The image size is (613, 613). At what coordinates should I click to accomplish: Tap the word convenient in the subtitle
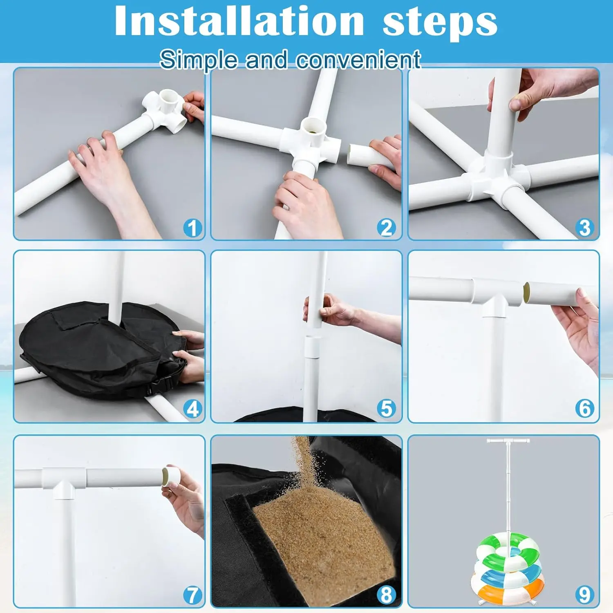click(x=358, y=60)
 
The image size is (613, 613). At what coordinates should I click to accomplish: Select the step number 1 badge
click(x=192, y=228)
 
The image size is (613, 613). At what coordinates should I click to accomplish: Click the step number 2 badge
click(x=386, y=228)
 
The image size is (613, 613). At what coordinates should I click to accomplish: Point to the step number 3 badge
click(x=584, y=228)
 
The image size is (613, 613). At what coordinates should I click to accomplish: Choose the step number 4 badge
click(x=192, y=409)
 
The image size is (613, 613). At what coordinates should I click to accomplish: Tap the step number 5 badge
click(x=386, y=409)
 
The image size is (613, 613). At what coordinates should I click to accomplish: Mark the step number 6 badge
click(x=584, y=409)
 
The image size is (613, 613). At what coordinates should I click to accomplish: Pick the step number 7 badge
click(x=192, y=595)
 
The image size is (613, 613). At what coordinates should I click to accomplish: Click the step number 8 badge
click(x=386, y=595)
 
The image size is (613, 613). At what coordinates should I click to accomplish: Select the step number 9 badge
click(x=584, y=595)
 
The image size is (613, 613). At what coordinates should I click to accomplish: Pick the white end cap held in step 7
click(x=171, y=477)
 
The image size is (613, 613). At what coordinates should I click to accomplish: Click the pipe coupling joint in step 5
click(x=313, y=347)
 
